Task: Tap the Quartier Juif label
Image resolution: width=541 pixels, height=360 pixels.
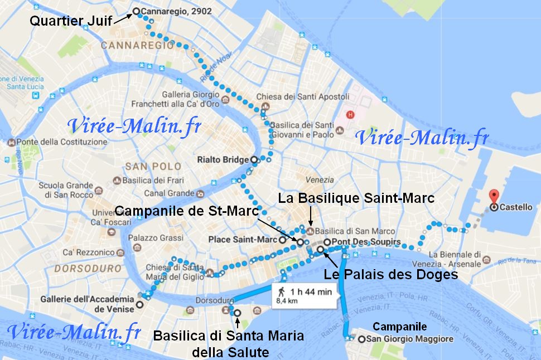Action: pos(70,21)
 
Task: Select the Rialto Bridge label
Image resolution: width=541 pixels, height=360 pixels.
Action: pos(223,160)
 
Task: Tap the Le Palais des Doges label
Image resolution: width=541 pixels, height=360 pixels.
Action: pos(390,274)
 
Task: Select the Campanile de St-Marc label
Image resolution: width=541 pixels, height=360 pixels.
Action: pos(187,211)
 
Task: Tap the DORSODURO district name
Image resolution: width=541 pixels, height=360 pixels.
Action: pos(89,267)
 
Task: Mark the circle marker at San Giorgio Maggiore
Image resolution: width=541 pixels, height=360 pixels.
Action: pos(362,339)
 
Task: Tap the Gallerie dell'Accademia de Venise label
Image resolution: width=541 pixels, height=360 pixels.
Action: pos(90,304)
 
